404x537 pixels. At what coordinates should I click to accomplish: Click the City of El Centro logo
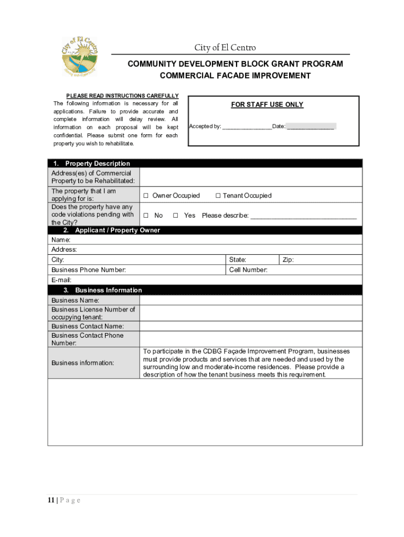[80, 56]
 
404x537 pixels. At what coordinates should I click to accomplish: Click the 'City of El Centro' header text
[225, 48]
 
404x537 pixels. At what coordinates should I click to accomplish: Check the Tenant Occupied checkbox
[217, 196]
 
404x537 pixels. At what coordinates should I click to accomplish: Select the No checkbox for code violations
[146, 216]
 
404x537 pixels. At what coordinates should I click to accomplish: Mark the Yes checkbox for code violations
[176, 216]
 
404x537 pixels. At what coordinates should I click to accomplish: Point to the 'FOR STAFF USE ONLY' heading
[267, 105]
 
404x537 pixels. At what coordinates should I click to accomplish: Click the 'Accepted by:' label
[205, 126]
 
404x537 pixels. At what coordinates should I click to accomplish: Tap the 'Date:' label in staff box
[279, 126]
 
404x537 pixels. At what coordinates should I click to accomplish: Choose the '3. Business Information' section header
[108, 290]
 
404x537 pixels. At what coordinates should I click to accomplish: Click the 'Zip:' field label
[288, 260]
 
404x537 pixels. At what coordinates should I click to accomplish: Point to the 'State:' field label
[238, 260]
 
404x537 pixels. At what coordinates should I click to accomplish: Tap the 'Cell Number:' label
[248, 270]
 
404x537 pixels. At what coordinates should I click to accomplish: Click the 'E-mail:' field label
[61, 280]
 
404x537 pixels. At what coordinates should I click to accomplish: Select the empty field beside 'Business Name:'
[250, 300]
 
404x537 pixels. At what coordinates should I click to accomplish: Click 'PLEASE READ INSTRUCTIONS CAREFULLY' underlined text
[122, 95]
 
